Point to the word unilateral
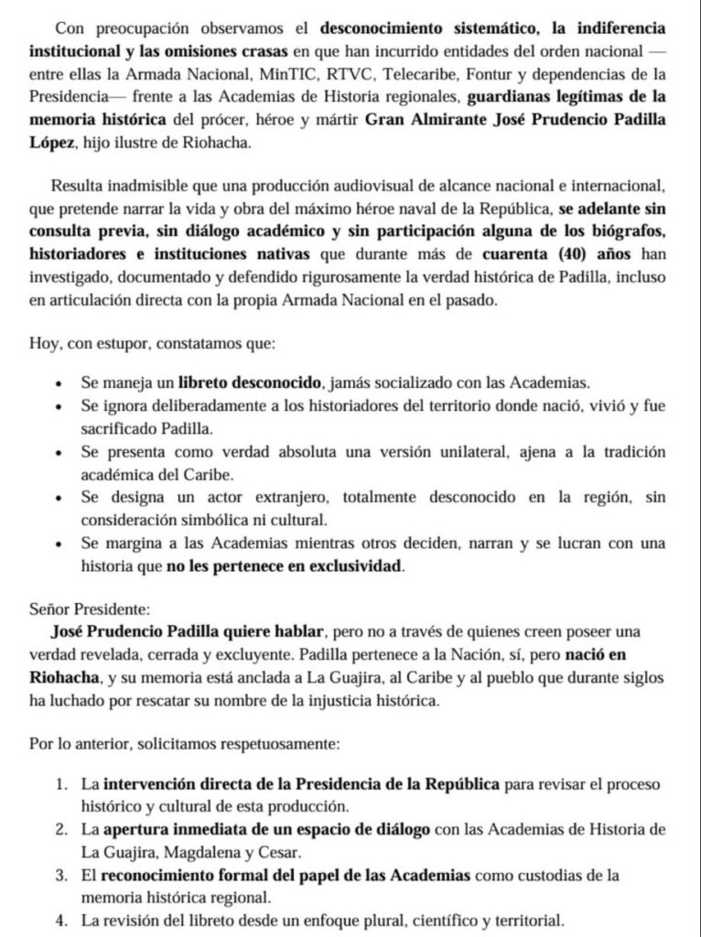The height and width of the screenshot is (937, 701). point(430,452)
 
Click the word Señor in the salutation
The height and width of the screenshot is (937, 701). point(55,609)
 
